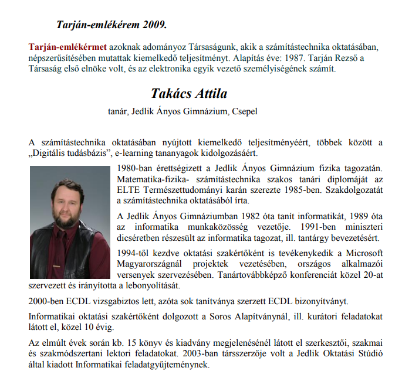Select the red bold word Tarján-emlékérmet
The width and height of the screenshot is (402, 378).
67,46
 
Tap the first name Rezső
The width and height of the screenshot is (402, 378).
350,57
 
